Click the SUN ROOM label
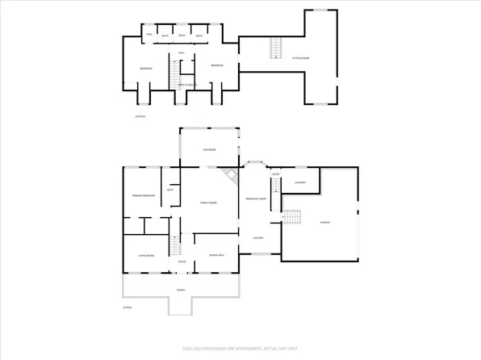(x=207, y=151)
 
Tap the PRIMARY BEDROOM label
(x=144, y=195)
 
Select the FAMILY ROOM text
(x=208, y=203)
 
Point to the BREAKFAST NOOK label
(x=256, y=199)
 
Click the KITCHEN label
(x=259, y=237)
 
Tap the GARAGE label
(x=324, y=222)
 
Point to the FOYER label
(x=182, y=262)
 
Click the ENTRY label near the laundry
(x=275, y=174)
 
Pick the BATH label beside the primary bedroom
(x=170, y=190)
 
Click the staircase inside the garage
(x=291, y=217)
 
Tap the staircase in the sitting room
(x=274, y=49)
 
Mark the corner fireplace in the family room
(x=229, y=176)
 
